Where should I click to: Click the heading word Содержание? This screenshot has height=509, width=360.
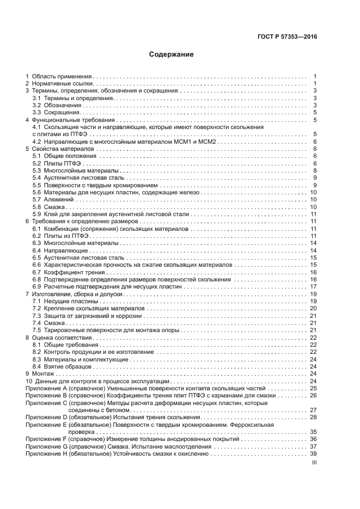tap(172, 54)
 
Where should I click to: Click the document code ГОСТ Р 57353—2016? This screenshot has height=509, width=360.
tap(287, 36)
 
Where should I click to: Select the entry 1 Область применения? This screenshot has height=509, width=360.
tap(60, 77)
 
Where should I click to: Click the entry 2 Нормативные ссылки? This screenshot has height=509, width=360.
tap(60, 84)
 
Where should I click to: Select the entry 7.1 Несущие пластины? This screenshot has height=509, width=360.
tap(65, 301)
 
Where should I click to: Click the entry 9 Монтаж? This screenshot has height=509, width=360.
tap(40, 373)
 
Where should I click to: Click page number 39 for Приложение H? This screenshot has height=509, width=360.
tap(313, 453)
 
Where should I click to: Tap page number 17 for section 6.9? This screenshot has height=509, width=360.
tap(313, 286)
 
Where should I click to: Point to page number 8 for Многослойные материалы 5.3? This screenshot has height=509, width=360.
tap(315, 171)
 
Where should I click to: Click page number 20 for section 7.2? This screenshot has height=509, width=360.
tap(313, 308)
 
